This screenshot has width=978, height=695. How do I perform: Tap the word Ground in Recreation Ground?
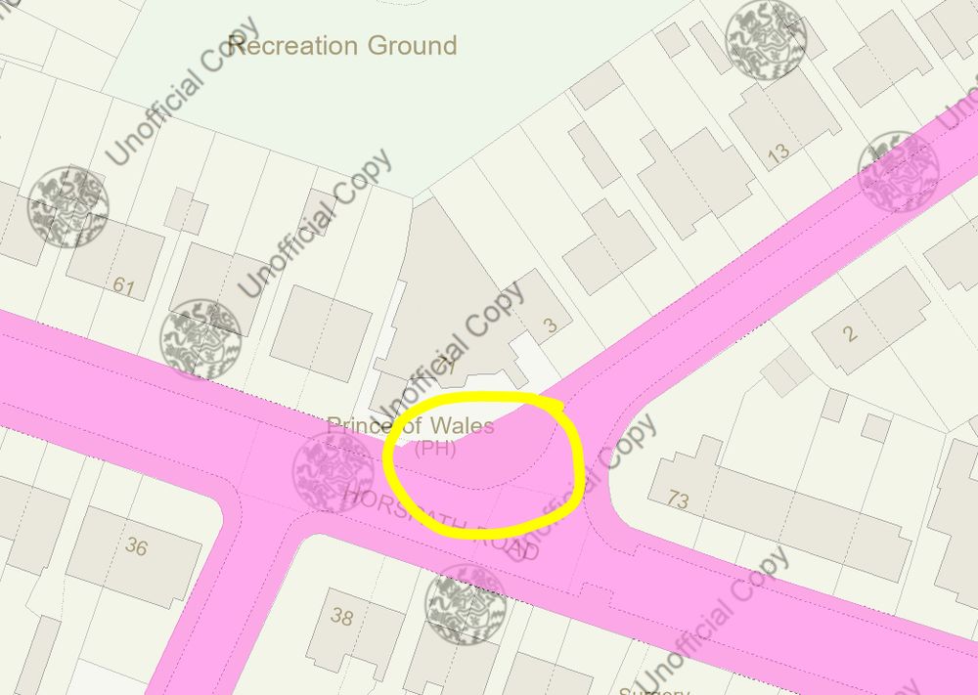[412, 46]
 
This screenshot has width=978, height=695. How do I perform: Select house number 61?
[123, 285]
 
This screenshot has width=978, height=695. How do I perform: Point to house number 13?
[778, 152]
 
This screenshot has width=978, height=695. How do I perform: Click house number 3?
[551, 325]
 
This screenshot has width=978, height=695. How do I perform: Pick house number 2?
[849, 333]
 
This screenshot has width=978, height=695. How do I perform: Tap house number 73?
[678, 501]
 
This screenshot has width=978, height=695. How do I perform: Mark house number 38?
[341, 616]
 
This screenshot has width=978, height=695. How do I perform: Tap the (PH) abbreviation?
[436, 449]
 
